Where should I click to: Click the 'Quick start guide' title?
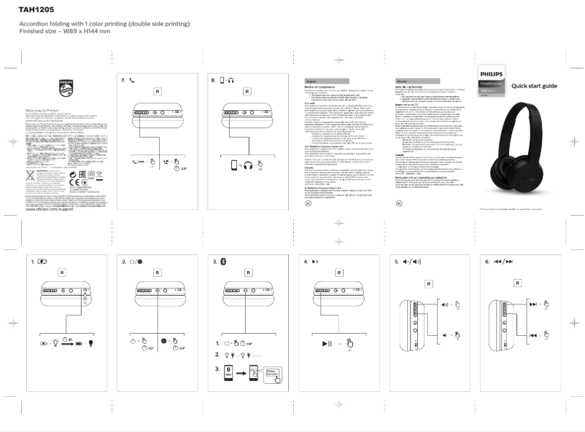535,86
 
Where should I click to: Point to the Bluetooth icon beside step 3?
225,261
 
